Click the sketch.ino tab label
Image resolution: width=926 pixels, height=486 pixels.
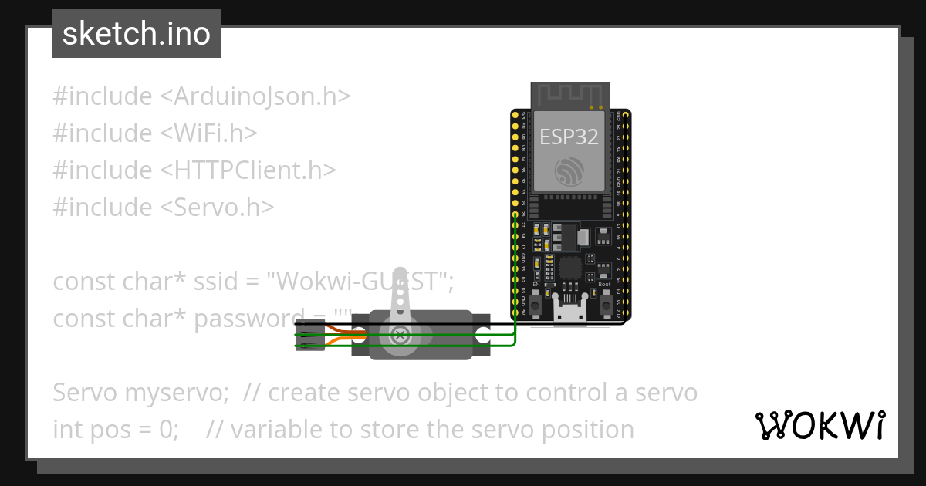coord(137,34)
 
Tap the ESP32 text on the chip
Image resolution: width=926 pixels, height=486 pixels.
coord(569,137)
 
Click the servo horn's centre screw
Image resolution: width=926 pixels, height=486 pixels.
coord(400,335)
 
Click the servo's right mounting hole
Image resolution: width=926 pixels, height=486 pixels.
coord(483,335)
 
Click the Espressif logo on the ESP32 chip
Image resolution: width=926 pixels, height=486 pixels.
coord(569,170)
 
